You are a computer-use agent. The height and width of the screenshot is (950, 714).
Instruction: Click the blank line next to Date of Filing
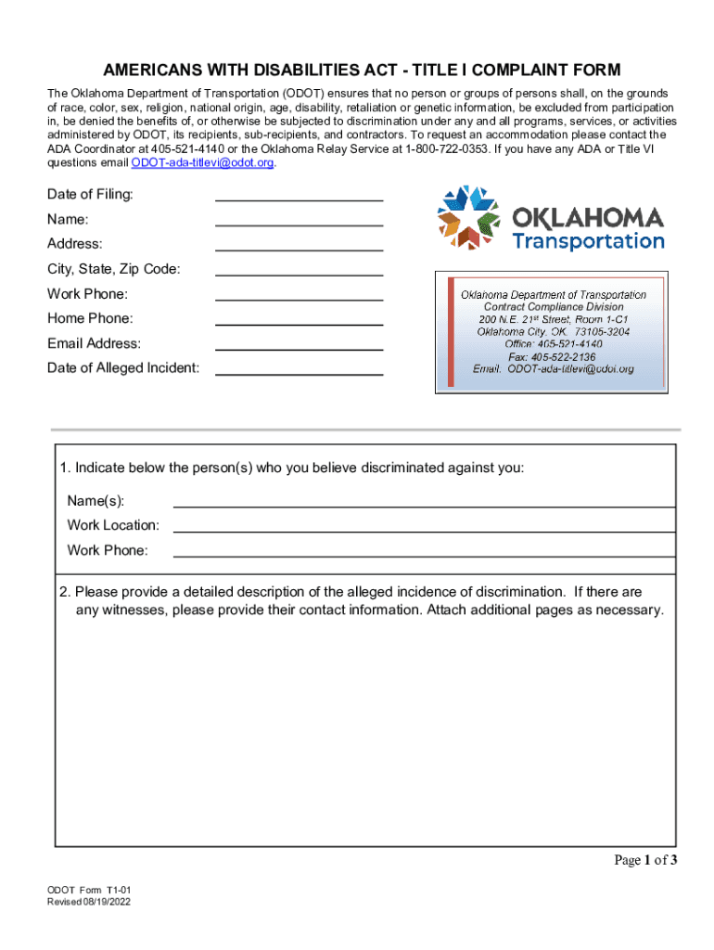(299, 194)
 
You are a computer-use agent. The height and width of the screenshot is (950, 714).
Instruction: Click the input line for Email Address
(299, 343)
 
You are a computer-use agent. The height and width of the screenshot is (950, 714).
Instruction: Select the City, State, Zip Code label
(114, 269)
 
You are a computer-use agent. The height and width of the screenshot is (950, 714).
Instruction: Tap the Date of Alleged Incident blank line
(299, 368)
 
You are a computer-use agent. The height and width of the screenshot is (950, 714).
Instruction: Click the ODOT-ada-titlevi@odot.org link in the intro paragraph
(203, 162)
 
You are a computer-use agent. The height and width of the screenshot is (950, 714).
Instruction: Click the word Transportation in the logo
(588, 241)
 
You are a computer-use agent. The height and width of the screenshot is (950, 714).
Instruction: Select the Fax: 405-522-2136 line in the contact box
(552, 356)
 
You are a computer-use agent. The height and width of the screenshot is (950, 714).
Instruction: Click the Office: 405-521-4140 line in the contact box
(553, 343)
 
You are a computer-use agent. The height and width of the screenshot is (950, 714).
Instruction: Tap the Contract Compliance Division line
(554, 306)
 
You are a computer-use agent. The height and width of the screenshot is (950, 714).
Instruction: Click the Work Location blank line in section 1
(424, 525)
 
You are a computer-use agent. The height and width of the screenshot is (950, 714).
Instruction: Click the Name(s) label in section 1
(96, 501)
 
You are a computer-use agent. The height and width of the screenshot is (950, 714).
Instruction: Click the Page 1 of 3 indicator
(645, 860)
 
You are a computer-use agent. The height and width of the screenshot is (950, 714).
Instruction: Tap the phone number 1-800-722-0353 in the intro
(441, 148)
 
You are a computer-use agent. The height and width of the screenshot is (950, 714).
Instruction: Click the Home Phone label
(90, 318)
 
